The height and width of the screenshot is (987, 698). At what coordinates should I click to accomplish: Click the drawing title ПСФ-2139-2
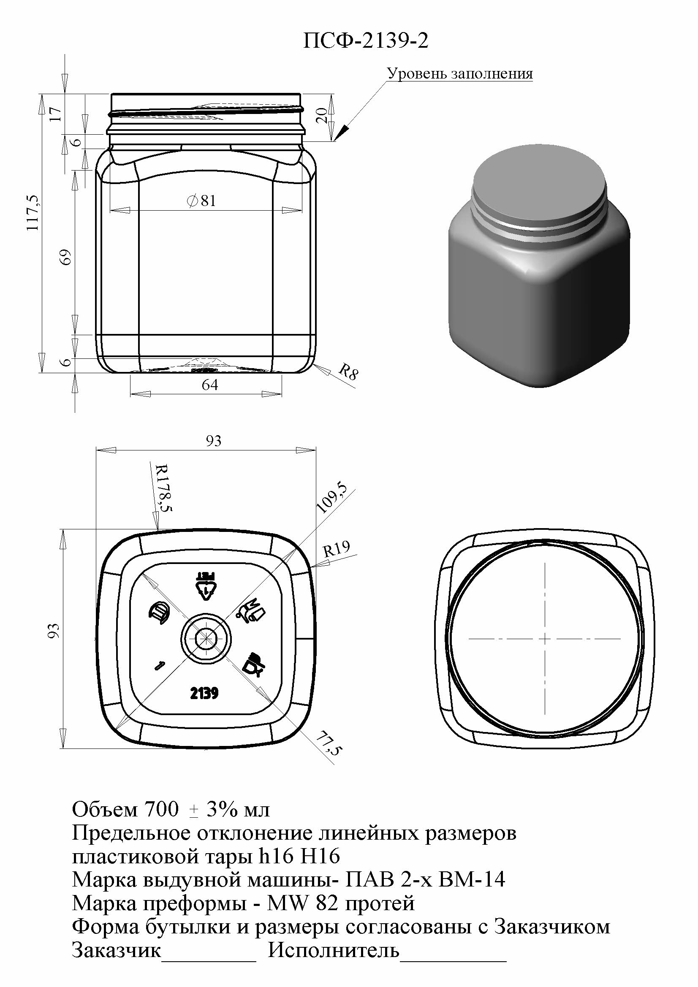coord(366,41)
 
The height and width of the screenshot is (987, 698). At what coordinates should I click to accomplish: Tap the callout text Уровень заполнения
coord(460,73)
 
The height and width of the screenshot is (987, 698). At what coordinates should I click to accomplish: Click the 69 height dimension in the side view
coord(66,257)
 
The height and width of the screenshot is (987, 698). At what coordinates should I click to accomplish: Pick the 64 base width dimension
coord(210,385)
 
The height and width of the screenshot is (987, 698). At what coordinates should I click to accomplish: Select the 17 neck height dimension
coord(55,114)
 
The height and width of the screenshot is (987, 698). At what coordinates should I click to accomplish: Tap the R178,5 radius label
coord(164,488)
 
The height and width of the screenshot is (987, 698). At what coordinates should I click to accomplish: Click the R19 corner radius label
coord(337,549)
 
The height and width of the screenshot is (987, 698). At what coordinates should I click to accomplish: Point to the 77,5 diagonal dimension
coord(329,744)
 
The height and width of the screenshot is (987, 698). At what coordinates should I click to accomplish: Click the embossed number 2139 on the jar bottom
coord(204,693)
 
